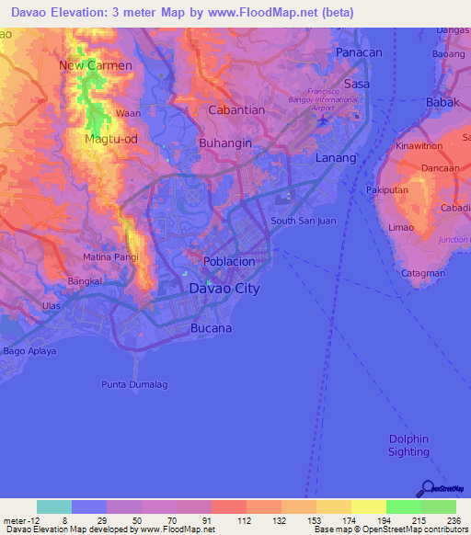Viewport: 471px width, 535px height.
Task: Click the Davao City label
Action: click(x=224, y=289)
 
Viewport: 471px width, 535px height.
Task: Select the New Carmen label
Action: click(x=96, y=65)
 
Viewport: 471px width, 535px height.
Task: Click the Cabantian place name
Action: click(x=236, y=109)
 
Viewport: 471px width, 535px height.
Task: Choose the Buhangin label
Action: click(x=224, y=143)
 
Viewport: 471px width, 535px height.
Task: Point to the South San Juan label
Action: click(x=302, y=221)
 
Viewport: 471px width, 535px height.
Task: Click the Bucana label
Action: click(x=211, y=328)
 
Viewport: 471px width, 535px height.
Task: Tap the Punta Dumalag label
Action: click(x=134, y=384)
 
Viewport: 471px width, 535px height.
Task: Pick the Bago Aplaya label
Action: click(x=29, y=351)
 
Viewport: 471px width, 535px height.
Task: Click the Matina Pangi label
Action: click(x=110, y=256)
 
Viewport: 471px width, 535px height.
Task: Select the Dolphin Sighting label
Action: click(x=408, y=445)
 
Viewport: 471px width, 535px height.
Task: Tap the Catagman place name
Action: click(x=423, y=273)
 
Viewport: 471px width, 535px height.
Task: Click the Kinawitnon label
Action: click(x=419, y=146)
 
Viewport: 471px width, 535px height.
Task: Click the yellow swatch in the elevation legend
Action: click(x=368, y=507)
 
